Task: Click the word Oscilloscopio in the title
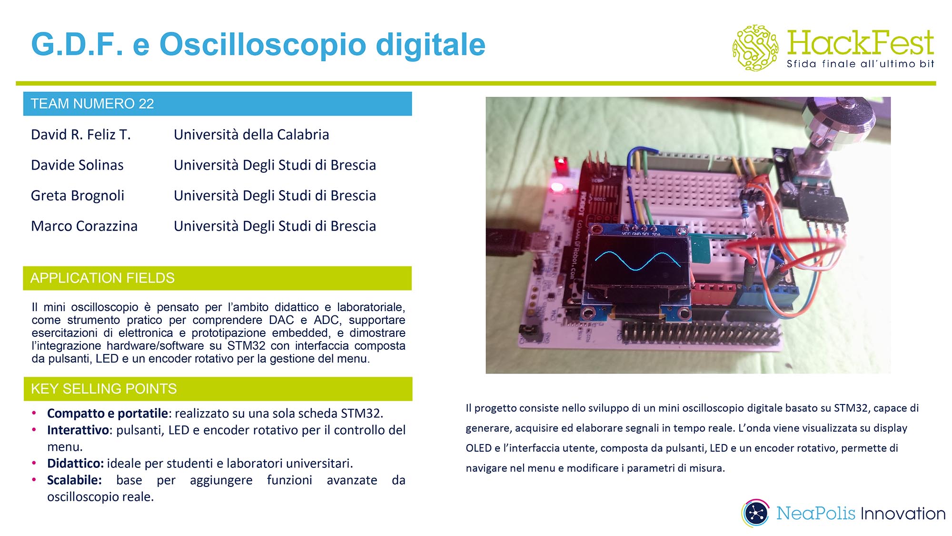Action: (x=263, y=45)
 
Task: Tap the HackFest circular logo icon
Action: (x=755, y=48)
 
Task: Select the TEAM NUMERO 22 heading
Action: (x=92, y=104)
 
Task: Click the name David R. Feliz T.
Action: (x=80, y=135)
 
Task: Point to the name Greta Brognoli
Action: (x=78, y=196)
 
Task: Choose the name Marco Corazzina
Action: (x=84, y=226)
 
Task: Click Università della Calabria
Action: (x=251, y=135)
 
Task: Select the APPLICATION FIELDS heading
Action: (x=102, y=278)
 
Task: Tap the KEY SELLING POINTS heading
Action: (x=104, y=389)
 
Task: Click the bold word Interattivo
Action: (x=78, y=430)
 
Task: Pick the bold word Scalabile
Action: (x=74, y=480)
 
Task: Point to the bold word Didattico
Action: (x=75, y=464)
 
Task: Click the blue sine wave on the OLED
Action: (x=638, y=260)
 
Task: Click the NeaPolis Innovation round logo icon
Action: (x=755, y=513)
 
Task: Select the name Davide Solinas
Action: (x=77, y=165)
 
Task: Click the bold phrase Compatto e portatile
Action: (x=107, y=414)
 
